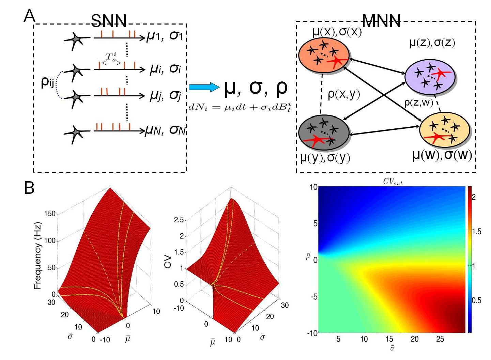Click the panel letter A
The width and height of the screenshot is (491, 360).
pos(29,16)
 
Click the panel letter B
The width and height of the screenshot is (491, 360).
pos(29,188)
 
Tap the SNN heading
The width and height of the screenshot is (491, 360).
pos(109,21)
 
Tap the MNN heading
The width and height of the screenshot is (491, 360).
pos(381,21)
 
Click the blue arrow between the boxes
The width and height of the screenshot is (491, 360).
pos(204,87)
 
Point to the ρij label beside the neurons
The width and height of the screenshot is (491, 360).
pos(47,82)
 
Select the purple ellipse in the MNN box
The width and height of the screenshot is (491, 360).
pos(430,77)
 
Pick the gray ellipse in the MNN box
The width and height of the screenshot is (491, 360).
pos(324,132)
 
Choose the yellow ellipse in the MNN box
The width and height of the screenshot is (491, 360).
pos(445,130)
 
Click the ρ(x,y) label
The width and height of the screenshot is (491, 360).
pos(343,94)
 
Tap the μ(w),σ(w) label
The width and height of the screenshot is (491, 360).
pos(442,155)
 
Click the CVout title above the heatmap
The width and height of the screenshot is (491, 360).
pos(393,182)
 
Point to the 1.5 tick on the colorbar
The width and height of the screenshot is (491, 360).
pos(476,232)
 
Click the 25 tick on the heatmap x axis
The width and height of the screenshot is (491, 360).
pos(440,339)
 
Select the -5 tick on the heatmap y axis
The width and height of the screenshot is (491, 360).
pos(314,297)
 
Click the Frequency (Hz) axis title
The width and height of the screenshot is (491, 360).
pos(37,256)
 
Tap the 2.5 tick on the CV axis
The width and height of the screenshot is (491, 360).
pos(179,220)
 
